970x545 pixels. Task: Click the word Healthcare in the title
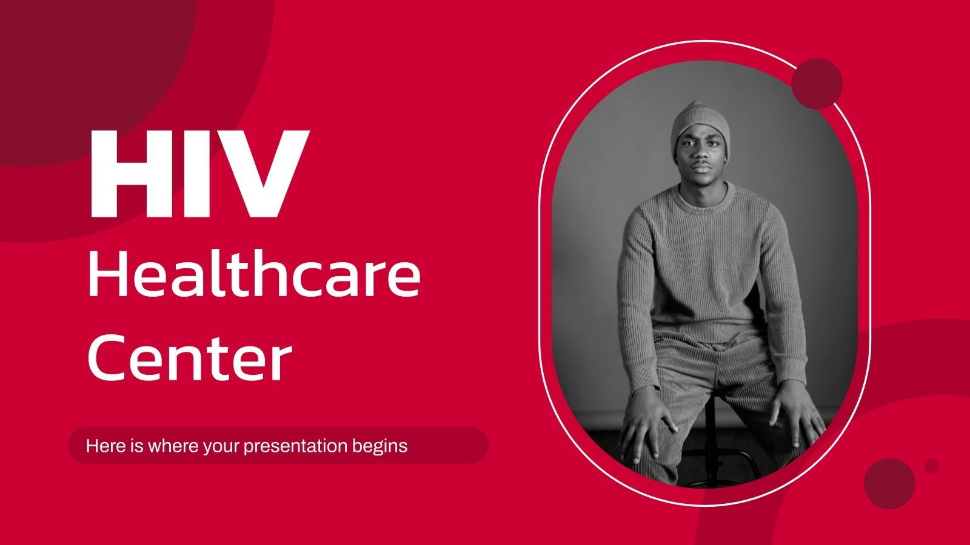tap(254, 275)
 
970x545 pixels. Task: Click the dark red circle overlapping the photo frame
tap(817, 84)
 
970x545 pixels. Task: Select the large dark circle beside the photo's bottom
tap(889, 483)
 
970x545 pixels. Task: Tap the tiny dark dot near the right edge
tap(932, 466)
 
